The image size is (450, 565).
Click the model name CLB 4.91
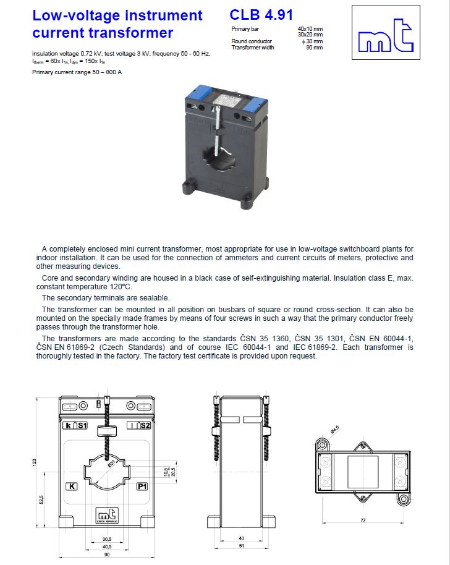pos(261,15)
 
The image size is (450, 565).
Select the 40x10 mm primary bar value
pos(310,29)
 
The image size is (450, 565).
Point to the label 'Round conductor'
pos(252,41)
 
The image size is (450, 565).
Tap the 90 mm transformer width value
pos(315,48)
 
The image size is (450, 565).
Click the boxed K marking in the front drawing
pos(72,486)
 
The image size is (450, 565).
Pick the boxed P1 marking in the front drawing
pos(142,486)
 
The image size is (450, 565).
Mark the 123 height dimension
pos(35,462)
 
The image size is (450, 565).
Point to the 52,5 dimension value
pos(41,499)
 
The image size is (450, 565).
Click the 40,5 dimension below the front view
pos(107,546)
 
